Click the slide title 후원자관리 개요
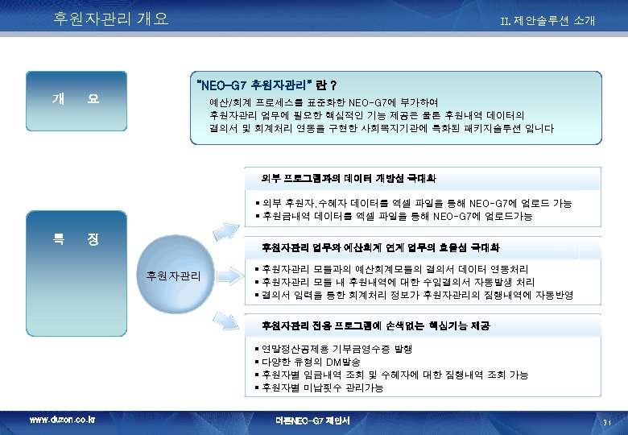(x=110, y=19)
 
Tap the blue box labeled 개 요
(x=75, y=99)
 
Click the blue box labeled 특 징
(x=75, y=238)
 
